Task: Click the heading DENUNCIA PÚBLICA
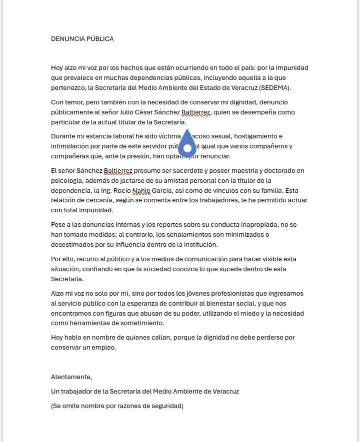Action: click(82, 39)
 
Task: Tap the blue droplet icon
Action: click(187, 144)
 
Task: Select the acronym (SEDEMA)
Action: click(274, 88)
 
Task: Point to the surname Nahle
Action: click(141, 190)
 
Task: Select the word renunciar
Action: click(214, 156)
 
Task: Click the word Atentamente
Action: click(71, 377)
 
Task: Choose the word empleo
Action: click(103, 348)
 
